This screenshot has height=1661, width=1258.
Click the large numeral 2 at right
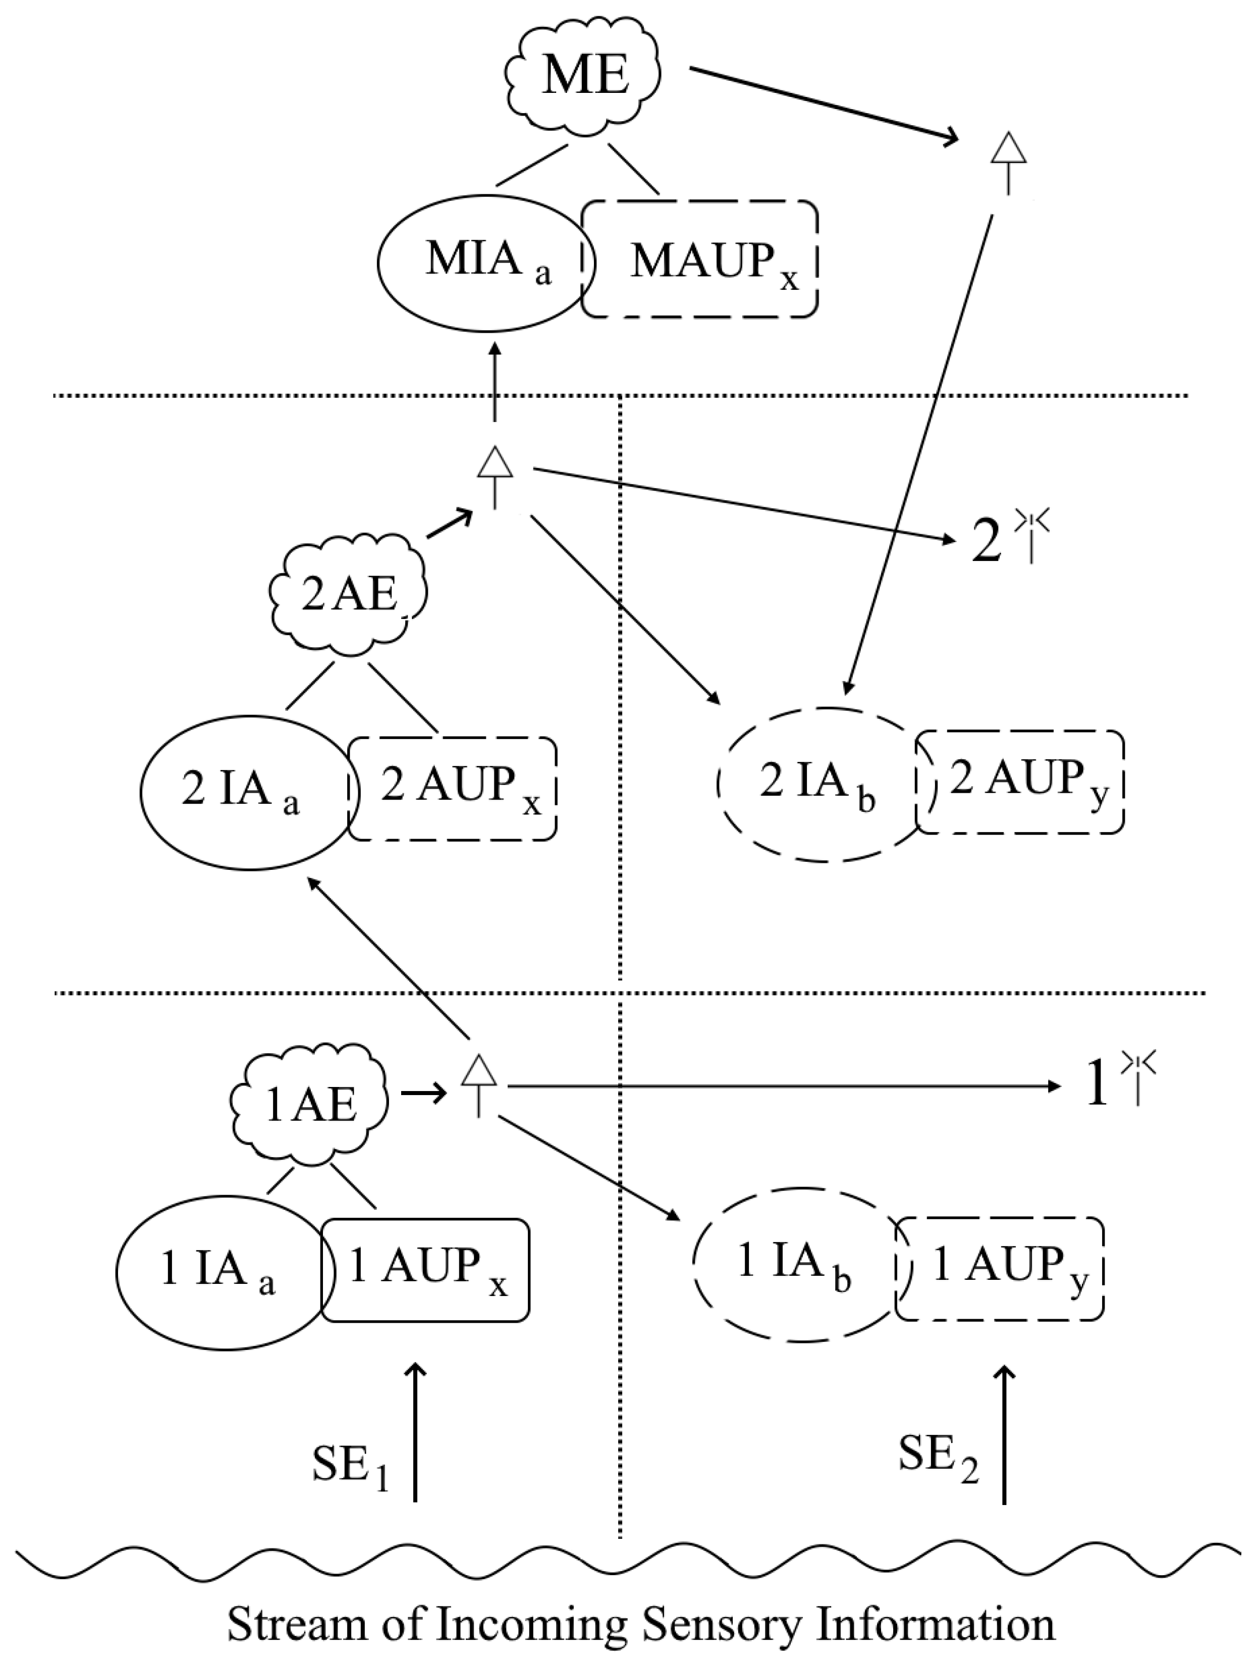(986, 544)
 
